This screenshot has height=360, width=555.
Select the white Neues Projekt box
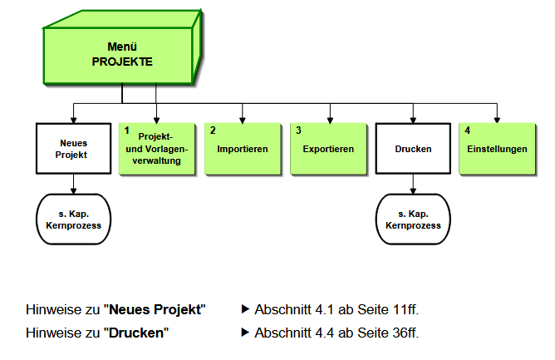point(74,149)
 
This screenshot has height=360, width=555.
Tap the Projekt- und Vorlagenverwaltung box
point(159,149)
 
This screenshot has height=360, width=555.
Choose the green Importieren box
point(243,149)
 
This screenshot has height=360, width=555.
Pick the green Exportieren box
point(329,149)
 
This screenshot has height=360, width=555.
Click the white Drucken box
point(413,149)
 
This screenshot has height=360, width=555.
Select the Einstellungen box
point(498,149)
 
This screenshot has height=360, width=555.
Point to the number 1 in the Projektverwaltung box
point(127,131)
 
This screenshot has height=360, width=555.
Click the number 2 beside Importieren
point(213,131)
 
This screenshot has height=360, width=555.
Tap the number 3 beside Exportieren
point(298,131)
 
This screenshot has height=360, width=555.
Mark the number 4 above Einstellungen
point(467,131)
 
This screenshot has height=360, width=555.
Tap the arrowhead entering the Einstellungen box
point(498,119)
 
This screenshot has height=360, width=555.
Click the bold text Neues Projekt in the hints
point(155,310)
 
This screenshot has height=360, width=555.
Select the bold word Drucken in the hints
point(135,333)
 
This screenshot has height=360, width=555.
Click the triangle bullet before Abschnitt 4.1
point(245,309)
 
